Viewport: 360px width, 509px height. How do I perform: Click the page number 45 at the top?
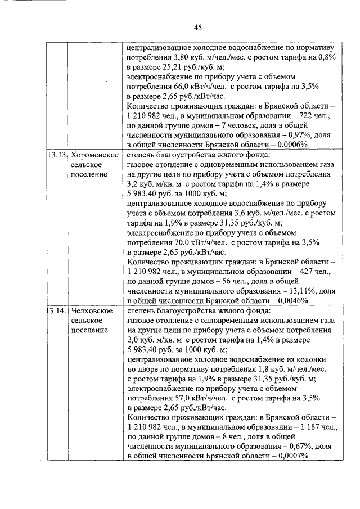197,27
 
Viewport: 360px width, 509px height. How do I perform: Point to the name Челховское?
93,310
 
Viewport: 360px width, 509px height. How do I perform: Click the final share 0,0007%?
289,457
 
